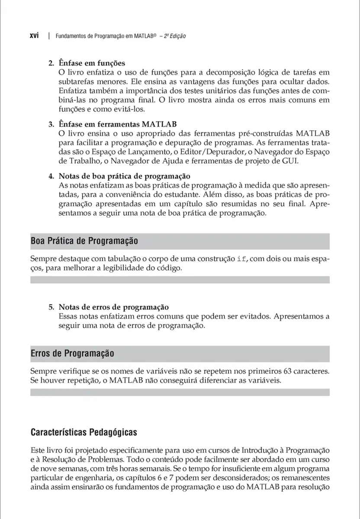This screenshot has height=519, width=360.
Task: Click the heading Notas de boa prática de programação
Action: (125, 176)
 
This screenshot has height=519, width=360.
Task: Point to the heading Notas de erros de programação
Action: (113, 308)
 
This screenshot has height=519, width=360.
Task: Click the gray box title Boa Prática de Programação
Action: (84, 240)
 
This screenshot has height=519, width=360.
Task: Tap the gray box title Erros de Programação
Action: (72, 353)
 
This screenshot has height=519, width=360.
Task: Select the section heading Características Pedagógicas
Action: (84, 432)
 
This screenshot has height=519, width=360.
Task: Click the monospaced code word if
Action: (242, 259)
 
